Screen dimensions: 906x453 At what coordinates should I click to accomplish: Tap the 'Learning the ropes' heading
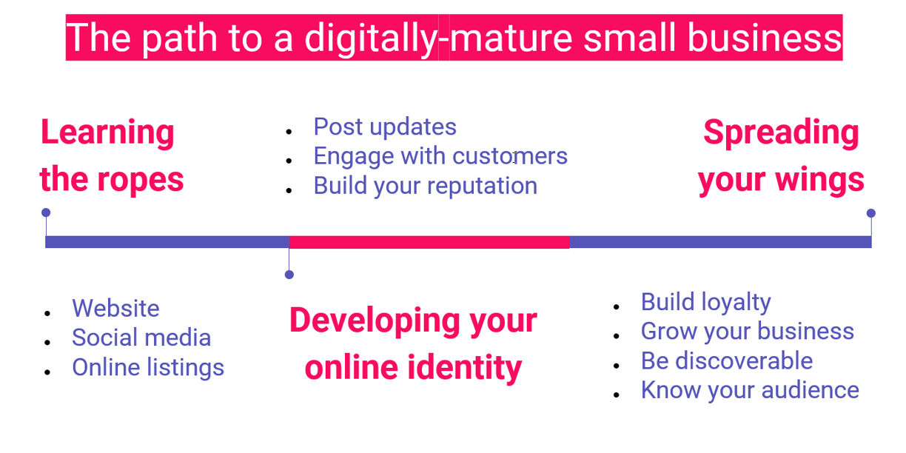click(112, 155)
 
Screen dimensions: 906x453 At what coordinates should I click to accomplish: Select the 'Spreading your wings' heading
click(781, 155)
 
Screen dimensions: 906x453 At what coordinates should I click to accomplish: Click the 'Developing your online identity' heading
click(413, 343)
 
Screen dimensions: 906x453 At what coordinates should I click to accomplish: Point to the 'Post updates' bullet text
click(385, 127)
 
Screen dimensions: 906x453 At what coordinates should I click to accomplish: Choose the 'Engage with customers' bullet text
click(440, 156)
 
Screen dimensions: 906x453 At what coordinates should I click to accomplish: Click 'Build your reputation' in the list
click(426, 186)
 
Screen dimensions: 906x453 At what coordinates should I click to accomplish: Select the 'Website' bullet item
click(115, 308)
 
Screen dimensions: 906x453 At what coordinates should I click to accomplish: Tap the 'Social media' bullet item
click(141, 338)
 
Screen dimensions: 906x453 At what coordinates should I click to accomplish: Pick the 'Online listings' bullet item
click(148, 368)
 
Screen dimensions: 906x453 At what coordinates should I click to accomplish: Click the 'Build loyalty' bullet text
click(706, 303)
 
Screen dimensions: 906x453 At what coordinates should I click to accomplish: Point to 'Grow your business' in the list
click(748, 332)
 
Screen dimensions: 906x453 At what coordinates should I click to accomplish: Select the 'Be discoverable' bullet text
click(727, 360)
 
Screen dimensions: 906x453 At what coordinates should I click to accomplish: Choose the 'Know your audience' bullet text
click(751, 390)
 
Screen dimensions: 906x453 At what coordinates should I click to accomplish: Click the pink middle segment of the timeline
click(429, 242)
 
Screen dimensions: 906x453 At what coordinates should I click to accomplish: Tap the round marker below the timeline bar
click(289, 275)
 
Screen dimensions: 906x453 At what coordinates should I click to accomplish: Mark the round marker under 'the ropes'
click(46, 212)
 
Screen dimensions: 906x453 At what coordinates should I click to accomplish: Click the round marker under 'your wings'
click(870, 213)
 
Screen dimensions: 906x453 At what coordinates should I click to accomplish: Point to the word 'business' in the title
click(765, 38)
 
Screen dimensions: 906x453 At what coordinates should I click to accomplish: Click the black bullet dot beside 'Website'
click(47, 313)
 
